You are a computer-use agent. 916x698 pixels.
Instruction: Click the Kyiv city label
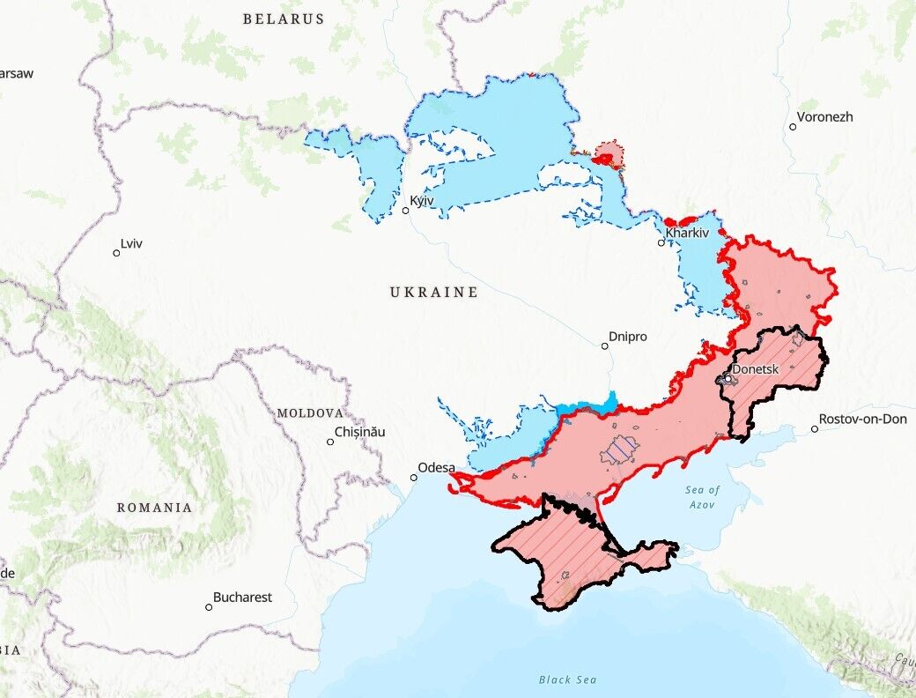click(x=423, y=201)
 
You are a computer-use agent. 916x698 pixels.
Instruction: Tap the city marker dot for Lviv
click(x=116, y=253)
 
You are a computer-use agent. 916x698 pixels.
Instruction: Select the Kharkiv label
click(x=687, y=233)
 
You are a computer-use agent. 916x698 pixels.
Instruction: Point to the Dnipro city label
click(x=628, y=337)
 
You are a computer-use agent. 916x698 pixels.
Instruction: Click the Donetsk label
click(x=756, y=369)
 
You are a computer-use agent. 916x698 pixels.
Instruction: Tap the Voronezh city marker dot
click(x=793, y=127)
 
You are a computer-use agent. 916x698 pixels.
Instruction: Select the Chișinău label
click(x=360, y=432)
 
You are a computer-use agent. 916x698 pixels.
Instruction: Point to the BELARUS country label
click(x=284, y=19)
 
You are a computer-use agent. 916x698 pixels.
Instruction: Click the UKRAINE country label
click(x=434, y=292)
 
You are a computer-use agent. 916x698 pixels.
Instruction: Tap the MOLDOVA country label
click(x=309, y=412)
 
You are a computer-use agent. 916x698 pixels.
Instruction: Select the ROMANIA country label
click(x=154, y=508)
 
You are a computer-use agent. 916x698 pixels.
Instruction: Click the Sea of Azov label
click(x=703, y=496)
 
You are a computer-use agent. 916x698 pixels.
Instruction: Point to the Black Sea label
click(x=567, y=679)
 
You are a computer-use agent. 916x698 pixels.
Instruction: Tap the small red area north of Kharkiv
click(x=608, y=155)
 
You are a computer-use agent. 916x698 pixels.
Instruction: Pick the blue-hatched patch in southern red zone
click(x=619, y=450)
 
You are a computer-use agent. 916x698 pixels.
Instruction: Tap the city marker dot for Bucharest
click(x=209, y=606)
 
